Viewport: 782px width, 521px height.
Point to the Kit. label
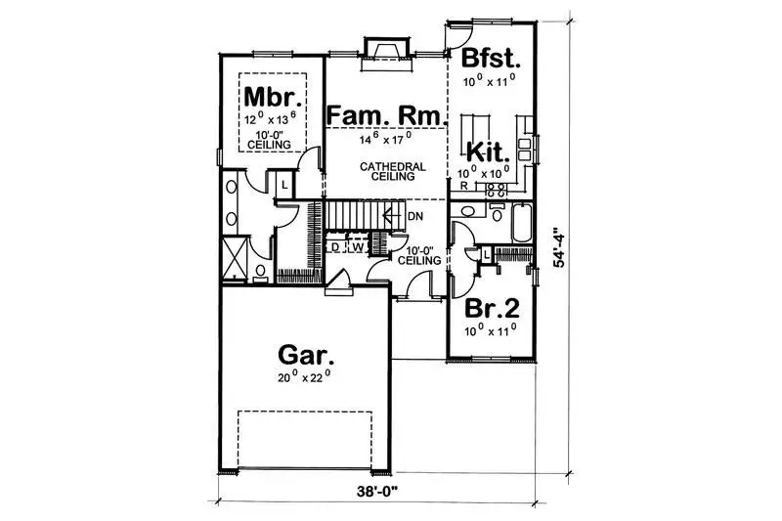point(487,153)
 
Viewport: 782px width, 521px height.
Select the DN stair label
point(414,216)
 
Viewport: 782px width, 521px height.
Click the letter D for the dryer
point(334,246)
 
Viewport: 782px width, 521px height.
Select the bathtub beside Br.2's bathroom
point(519,222)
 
